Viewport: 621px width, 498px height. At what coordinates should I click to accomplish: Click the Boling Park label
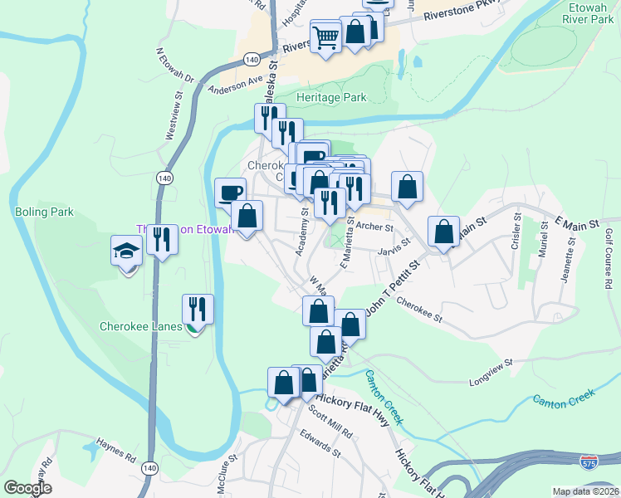pyautogui.click(x=44, y=212)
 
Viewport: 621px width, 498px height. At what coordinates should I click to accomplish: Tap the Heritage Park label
pyautogui.click(x=332, y=97)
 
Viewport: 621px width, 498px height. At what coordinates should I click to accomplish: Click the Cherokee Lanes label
pyautogui.click(x=140, y=326)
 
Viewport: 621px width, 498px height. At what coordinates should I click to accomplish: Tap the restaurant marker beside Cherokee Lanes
pyautogui.click(x=198, y=310)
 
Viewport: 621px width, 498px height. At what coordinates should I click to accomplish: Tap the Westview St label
pyautogui.click(x=174, y=120)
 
